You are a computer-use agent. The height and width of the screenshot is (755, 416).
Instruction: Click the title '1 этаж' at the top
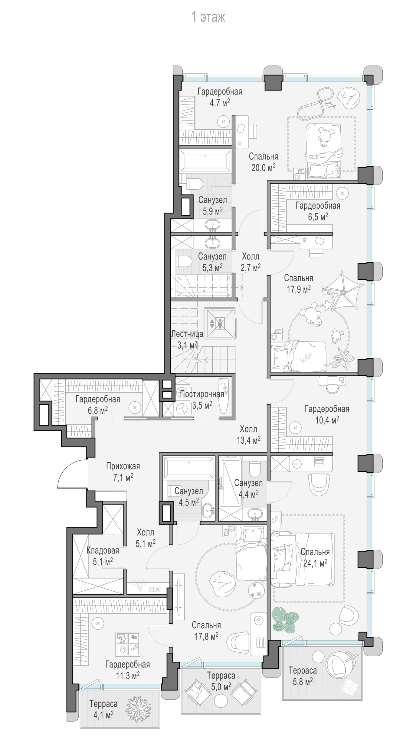pyautogui.click(x=208, y=17)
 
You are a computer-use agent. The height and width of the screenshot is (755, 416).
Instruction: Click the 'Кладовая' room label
pyautogui.click(x=103, y=550)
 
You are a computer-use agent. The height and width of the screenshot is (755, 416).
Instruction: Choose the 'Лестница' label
pyautogui.click(x=187, y=334)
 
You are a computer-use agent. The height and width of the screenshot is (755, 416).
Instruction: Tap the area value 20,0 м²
pyautogui.click(x=263, y=168)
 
